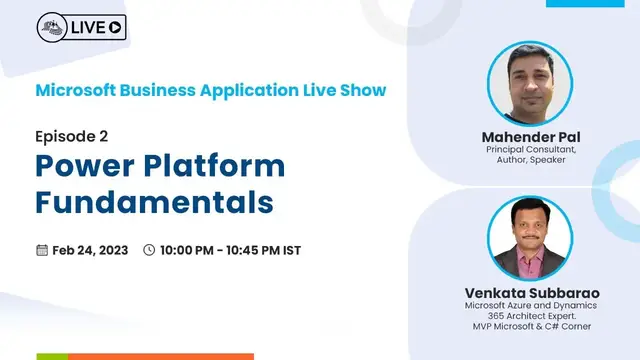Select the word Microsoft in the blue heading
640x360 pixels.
(77, 90)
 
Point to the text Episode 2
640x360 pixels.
(72, 136)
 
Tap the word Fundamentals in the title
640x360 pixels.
(155, 201)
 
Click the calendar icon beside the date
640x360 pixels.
(42, 250)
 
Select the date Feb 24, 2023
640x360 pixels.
(90, 250)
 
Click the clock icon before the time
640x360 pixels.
(150, 250)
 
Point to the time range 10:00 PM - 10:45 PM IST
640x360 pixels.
(230, 250)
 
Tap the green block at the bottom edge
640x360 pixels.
(52, 356)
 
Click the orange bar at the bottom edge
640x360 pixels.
(160, 356)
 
